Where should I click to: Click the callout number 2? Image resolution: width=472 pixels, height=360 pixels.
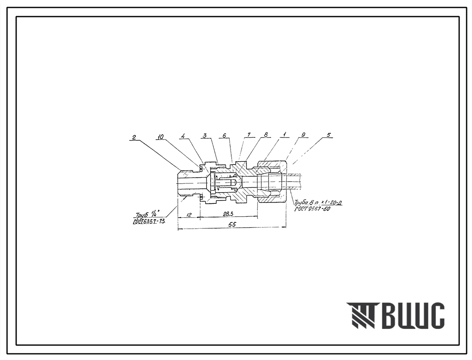[134, 137]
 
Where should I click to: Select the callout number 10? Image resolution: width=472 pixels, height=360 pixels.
[160, 137]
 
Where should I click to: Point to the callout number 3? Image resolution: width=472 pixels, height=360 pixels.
[205, 136]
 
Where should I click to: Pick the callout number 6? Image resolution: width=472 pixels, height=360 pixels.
[224, 136]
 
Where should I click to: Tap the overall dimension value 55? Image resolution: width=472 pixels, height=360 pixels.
[232, 224]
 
